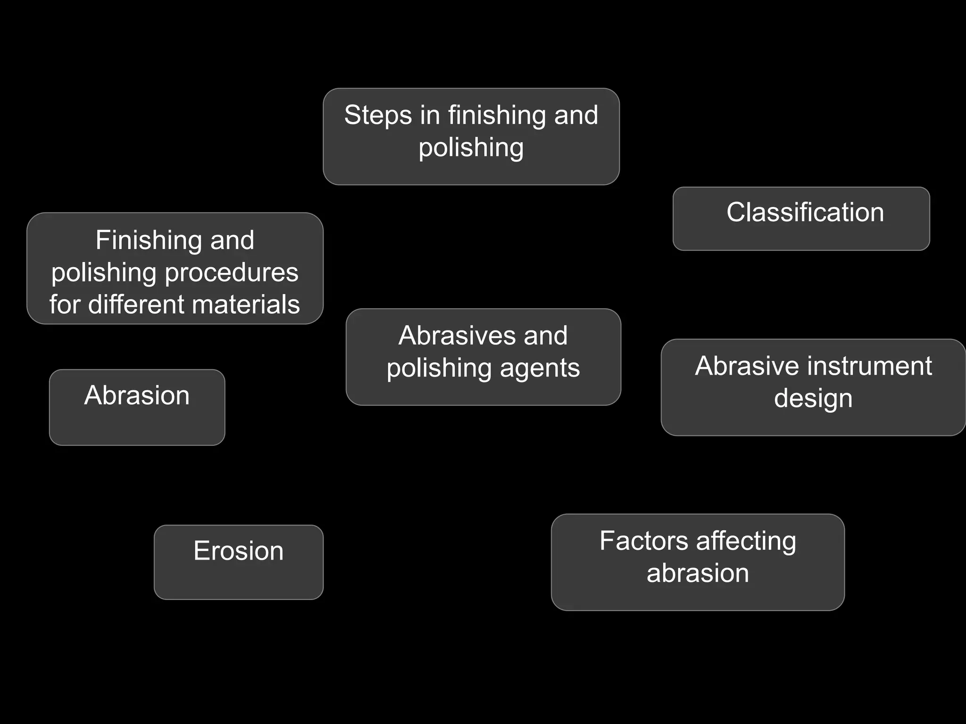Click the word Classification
point(805,212)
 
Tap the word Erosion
point(238,551)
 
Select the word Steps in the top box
point(378,115)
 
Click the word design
point(813,399)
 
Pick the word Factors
point(644,541)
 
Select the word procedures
point(232,273)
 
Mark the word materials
point(246,304)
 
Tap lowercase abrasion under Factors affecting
point(698,573)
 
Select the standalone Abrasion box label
point(137,395)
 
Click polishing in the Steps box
point(471,148)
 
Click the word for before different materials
point(65,304)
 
